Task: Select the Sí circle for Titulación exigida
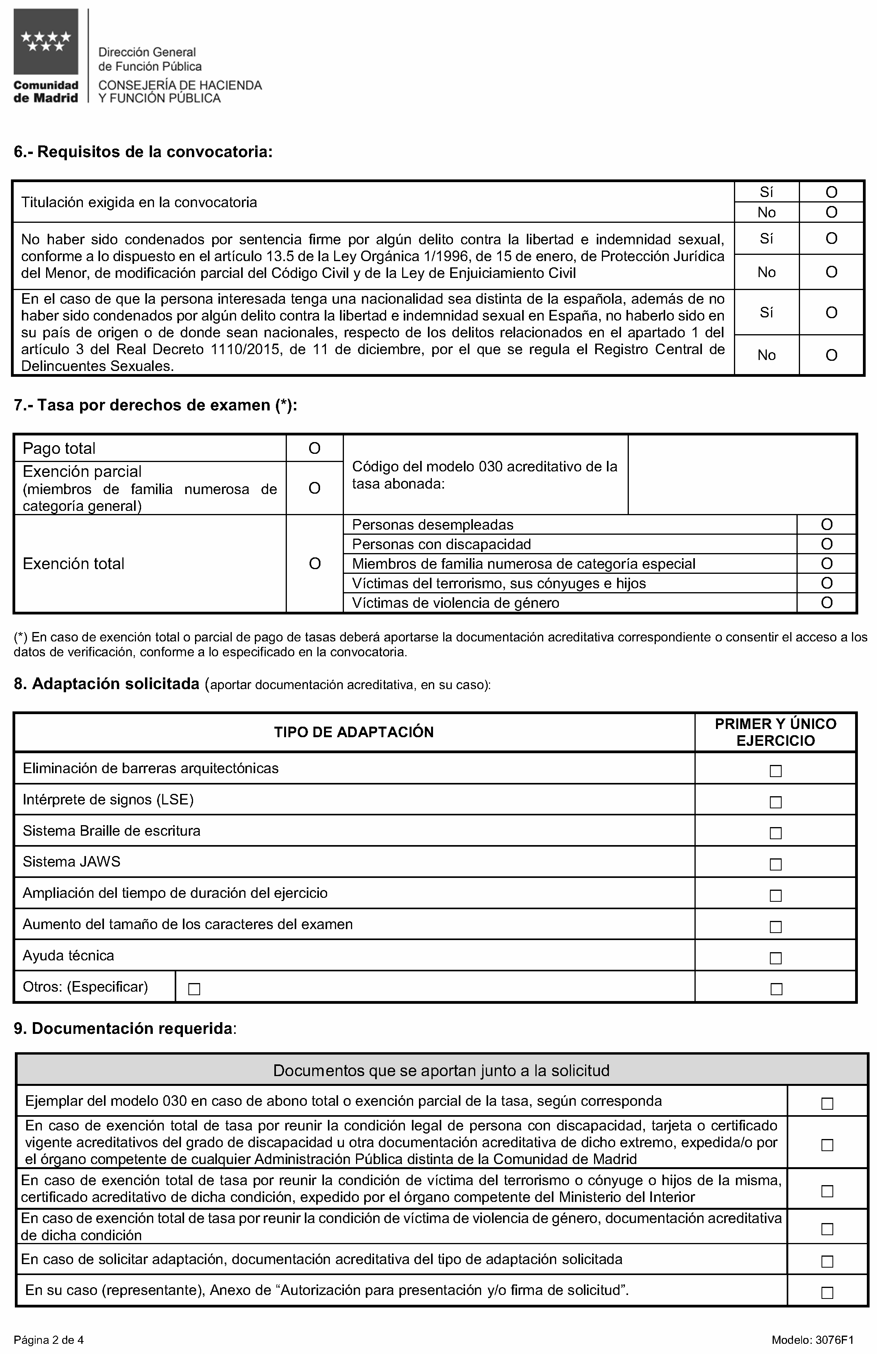pyautogui.click(x=831, y=192)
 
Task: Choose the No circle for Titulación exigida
pyautogui.click(x=831, y=212)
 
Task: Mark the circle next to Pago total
pyautogui.click(x=315, y=448)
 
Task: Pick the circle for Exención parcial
pyautogui.click(x=315, y=488)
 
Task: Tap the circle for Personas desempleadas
pyautogui.click(x=826, y=525)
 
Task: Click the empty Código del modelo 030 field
pyautogui.click(x=742, y=475)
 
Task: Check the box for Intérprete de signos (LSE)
pyautogui.click(x=775, y=802)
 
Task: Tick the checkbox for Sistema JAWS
pyautogui.click(x=775, y=864)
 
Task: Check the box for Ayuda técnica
pyautogui.click(x=775, y=958)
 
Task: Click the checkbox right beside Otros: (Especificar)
pyautogui.click(x=194, y=989)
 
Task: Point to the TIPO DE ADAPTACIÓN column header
pyautogui.click(x=354, y=732)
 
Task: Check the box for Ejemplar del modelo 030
pyautogui.click(x=827, y=1104)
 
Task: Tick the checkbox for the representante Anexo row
pyautogui.click(x=827, y=1293)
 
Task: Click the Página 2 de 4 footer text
pyautogui.click(x=49, y=1340)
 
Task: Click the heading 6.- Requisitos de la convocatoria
pyautogui.click(x=143, y=152)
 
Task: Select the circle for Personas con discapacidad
pyautogui.click(x=826, y=544)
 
